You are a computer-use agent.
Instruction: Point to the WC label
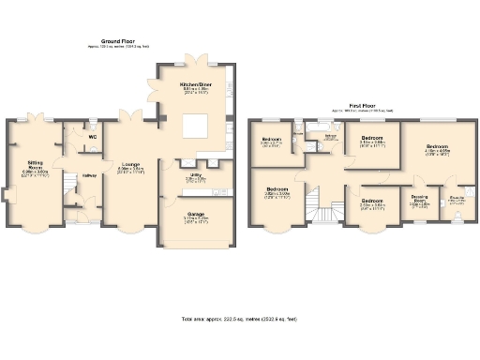(x=92, y=138)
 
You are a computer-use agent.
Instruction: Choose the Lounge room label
(x=130, y=165)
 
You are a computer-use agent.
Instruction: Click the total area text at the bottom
(x=240, y=320)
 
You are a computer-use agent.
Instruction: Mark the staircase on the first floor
(x=324, y=212)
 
